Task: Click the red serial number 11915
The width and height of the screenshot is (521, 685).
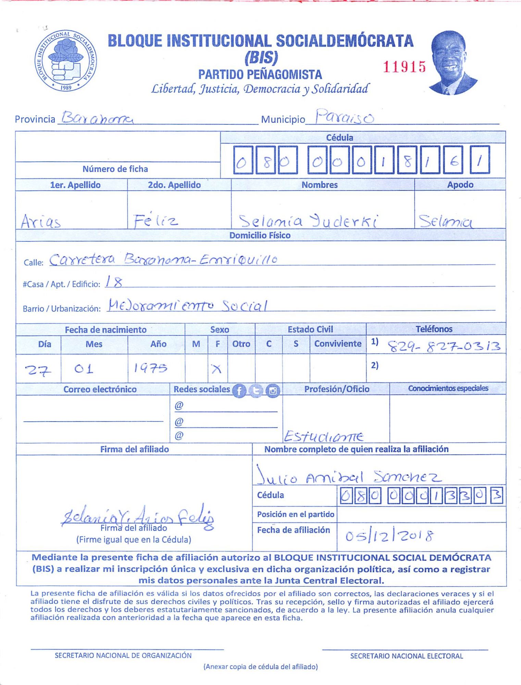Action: click(x=404, y=67)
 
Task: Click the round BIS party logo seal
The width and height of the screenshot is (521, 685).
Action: click(x=65, y=61)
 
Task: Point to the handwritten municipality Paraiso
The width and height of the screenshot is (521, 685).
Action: click(x=344, y=117)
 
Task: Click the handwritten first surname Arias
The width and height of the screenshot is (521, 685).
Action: click(x=41, y=221)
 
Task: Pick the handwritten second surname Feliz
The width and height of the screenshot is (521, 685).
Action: click(x=156, y=221)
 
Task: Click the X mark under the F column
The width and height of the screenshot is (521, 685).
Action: click(x=216, y=369)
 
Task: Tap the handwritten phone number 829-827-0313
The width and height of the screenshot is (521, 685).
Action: click(x=444, y=347)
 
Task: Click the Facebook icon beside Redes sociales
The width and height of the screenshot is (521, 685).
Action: click(x=239, y=390)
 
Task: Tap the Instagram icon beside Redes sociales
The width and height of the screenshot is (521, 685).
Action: click(x=273, y=390)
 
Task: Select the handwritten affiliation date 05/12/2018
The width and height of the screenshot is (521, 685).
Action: click(x=389, y=536)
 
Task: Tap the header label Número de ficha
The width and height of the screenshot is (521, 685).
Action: click(x=115, y=169)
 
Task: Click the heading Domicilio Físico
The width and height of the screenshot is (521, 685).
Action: click(x=260, y=235)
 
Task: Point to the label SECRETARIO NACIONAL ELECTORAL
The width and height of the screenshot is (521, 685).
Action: click(x=406, y=656)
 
